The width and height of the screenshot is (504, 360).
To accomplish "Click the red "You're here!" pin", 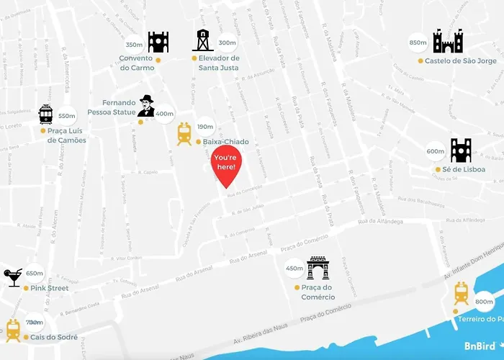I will pyautogui.click(x=226, y=164).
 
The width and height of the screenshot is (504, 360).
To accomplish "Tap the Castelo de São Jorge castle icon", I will pyautogui.click(x=448, y=42).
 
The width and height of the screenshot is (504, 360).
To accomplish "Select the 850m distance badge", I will pyautogui.click(x=418, y=42).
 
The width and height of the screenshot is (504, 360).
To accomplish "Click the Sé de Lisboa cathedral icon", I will pyautogui.click(x=461, y=150).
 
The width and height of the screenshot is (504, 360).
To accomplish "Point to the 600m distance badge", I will pyautogui.click(x=436, y=151).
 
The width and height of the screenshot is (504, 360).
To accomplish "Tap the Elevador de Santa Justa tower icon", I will pyautogui.click(x=202, y=40).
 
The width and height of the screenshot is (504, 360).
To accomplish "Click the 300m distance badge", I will pyautogui.click(x=227, y=42).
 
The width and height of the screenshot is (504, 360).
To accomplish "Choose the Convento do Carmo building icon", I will pyautogui.click(x=158, y=42).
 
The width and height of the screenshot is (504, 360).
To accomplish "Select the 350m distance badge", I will pyautogui.click(x=135, y=45).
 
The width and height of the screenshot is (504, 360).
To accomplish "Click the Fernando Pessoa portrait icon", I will pyautogui.click(x=147, y=106).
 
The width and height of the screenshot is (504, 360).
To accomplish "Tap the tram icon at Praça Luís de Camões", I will pyautogui.click(x=46, y=114).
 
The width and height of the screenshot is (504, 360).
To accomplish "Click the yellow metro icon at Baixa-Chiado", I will pyautogui.click(x=184, y=134).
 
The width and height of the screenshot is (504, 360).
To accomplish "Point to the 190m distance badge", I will pyautogui.click(x=205, y=127).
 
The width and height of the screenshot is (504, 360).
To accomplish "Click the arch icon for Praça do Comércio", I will pyautogui.click(x=318, y=268).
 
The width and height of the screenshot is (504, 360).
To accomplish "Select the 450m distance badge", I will pyautogui.click(x=294, y=269).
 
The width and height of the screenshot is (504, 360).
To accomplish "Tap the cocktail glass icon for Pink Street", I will pyautogui.click(x=13, y=277).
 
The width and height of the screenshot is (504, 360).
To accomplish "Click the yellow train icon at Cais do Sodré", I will pyautogui.click(x=13, y=330).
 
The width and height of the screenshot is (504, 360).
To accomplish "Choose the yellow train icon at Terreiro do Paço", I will pyautogui.click(x=462, y=294).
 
